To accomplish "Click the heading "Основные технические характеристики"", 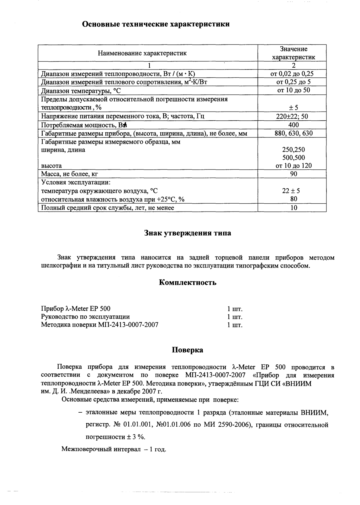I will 156,24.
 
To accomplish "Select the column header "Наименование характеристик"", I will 142,53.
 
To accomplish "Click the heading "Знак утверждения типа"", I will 187,233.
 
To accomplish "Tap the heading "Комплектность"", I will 187,283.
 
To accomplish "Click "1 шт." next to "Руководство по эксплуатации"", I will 235,317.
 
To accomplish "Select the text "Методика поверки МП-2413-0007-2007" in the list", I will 100,325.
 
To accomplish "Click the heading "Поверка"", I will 187,350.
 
